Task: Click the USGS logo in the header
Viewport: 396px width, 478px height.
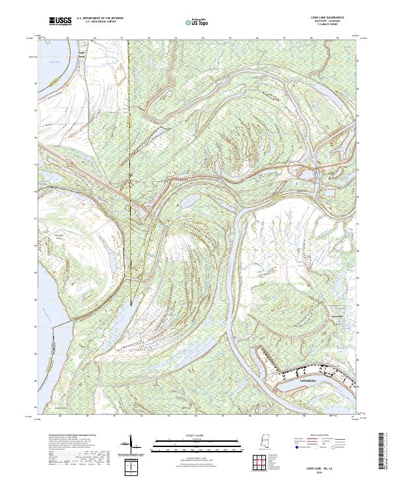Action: [60, 22]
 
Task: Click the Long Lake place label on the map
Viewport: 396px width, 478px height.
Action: [336, 316]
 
